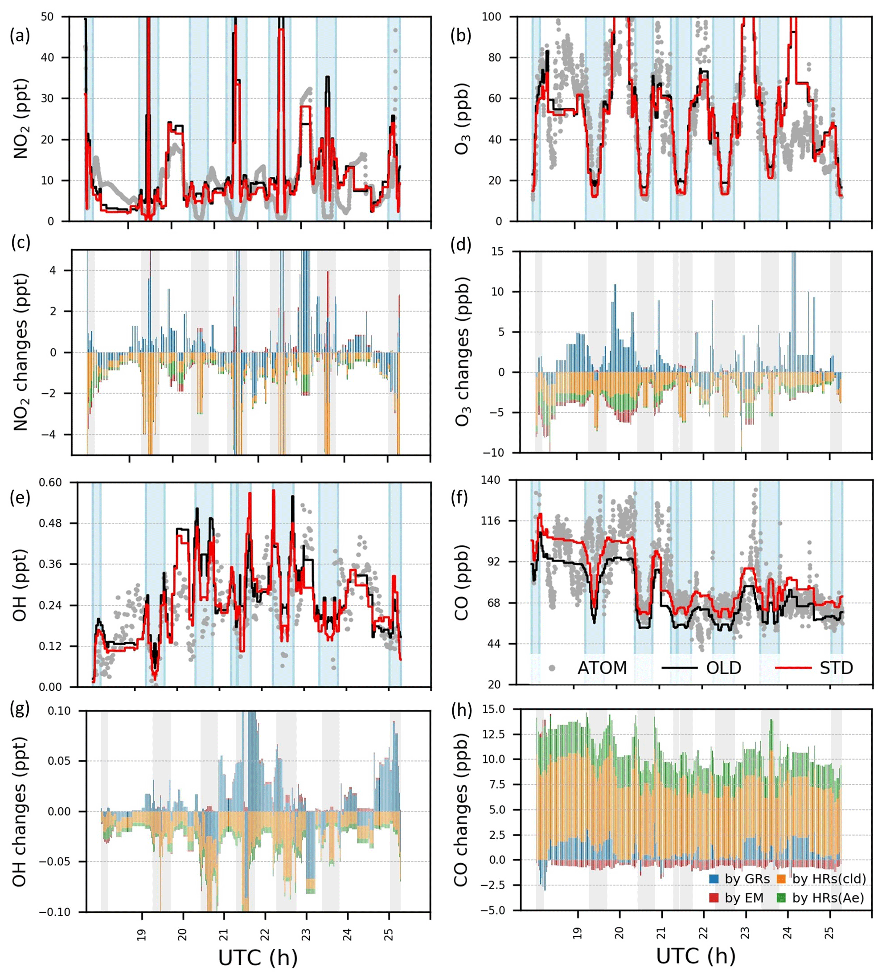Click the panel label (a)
point(20,36)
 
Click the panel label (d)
point(461,245)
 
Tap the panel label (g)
point(20,710)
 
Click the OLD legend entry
point(702,668)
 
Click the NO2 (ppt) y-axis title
point(21,119)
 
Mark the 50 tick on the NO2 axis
point(54,17)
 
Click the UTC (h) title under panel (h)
point(696,955)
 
